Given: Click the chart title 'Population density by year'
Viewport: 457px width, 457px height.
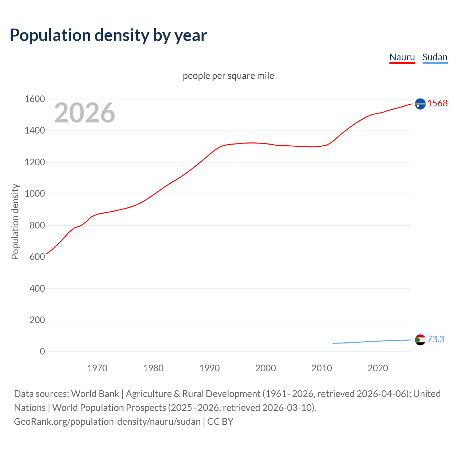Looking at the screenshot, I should (108, 35).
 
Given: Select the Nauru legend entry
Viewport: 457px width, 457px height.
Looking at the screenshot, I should (402, 57).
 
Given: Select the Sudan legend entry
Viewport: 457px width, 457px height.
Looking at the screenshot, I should (435, 57).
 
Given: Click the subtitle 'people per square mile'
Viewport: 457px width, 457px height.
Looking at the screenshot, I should (228, 76).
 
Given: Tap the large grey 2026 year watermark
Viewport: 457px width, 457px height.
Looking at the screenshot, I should (85, 113).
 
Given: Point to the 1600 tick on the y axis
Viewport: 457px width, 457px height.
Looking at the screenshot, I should (35, 99).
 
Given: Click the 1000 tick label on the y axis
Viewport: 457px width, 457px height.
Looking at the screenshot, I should (35, 194).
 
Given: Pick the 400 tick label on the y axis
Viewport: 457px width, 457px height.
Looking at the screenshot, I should (37, 288).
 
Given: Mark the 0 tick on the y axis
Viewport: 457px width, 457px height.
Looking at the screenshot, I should (42, 351).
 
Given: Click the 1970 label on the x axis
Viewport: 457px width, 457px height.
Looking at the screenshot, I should (97, 368).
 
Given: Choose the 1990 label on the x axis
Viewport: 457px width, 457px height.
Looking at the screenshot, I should (210, 368).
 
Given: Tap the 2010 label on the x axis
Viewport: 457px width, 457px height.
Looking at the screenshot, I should (322, 368).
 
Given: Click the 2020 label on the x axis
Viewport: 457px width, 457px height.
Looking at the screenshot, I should (378, 368).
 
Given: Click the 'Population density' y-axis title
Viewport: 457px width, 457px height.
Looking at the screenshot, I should (15, 221).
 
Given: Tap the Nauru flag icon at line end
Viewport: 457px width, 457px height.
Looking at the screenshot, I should (420, 104).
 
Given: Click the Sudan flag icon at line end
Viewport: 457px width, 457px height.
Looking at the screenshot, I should (420, 340).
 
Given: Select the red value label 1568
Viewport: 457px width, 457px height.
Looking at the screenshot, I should (437, 103).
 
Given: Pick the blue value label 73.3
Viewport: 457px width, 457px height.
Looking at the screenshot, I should (436, 339).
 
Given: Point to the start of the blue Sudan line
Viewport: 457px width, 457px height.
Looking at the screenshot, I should (333, 343).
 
